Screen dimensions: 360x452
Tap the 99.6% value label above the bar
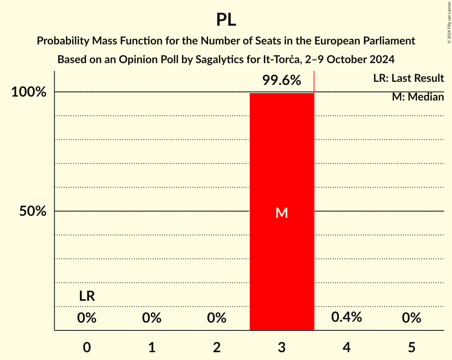(x=281, y=81)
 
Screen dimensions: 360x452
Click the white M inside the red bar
(x=282, y=213)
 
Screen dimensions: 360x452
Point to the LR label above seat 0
(x=87, y=296)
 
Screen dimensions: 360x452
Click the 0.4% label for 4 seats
(x=346, y=318)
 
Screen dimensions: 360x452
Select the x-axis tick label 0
(x=87, y=348)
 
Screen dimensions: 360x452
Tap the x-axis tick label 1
(x=152, y=348)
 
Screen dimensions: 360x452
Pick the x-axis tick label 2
(x=217, y=348)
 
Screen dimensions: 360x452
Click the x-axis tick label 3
(x=282, y=348)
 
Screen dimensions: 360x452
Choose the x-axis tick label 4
(x=347, y=348)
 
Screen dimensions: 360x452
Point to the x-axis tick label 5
(x=411, y=348)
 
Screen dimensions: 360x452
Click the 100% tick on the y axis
(x=29, y=92)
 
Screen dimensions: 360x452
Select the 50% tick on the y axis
(x=33, y=212)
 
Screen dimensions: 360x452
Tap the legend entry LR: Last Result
(x=408, y=78)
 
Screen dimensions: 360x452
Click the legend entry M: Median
(x=418, y=97)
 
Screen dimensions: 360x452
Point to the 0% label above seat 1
(x=152, y=318)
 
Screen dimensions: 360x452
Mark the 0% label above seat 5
(x=411, y=318)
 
